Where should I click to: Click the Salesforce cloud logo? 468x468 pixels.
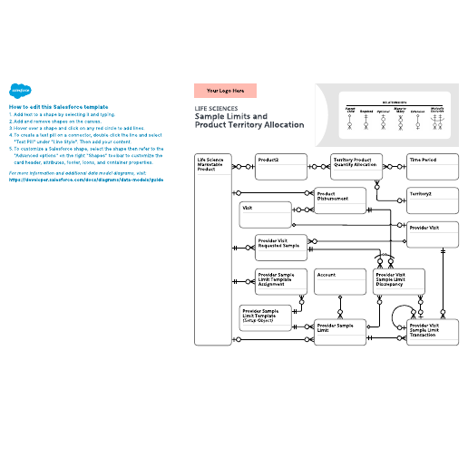(18, 91)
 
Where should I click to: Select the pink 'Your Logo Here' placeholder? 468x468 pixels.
(225, 91)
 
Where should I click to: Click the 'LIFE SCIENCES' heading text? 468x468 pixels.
(215, 109)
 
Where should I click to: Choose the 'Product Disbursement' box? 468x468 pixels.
(340, 200)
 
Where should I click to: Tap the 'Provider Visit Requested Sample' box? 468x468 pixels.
(282, 248)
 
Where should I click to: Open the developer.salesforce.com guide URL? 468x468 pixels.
(86, 180)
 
